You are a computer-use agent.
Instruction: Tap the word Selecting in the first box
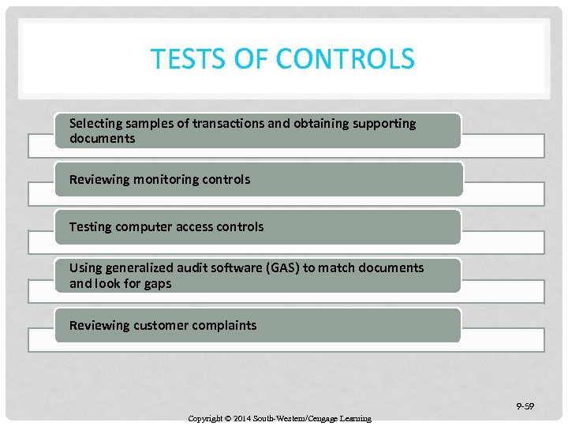click(96, 123)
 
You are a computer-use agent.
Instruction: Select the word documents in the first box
click(102, 139)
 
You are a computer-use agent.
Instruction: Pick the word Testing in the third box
click(90, 226)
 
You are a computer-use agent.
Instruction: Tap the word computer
click(144, 226)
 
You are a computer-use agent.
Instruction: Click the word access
click(198, 226)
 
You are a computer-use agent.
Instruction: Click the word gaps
click(157, 284)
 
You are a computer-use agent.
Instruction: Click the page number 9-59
click(525, 406)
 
